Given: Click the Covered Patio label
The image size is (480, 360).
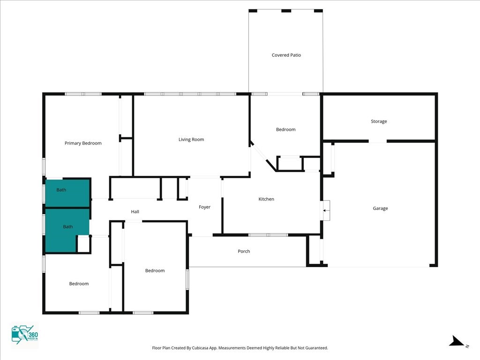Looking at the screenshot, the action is click(x=286, y=55).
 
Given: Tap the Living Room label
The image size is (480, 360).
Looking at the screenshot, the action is click(x=191, y=140).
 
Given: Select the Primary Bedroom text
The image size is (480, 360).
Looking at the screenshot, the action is click(x=83, y=143).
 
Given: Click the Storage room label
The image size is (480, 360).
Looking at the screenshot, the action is click(x=379, y=121).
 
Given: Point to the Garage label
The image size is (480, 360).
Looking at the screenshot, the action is click(x=380, y=209).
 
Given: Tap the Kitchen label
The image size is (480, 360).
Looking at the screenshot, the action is click(x=266, y=199).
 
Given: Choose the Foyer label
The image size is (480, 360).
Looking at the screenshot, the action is click(x=204, y=207).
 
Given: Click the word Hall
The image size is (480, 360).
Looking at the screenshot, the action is click(x=135, y=211).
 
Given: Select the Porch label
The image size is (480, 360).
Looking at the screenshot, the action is click(x=244, y=251).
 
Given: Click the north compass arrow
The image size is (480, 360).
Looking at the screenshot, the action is click(x=457, y=341).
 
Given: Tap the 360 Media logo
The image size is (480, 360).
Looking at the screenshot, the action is click(x=24, y=335).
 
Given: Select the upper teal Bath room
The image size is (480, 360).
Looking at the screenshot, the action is click(x=67, y=193).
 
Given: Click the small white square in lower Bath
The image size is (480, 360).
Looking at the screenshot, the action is click(x=83, y=244).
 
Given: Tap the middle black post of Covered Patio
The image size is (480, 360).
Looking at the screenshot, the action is click(x=286, y=11).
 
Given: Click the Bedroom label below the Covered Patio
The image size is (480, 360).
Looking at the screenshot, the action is click(x=285, y=129).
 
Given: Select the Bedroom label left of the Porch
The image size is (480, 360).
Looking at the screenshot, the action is click(x=155, y=270).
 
